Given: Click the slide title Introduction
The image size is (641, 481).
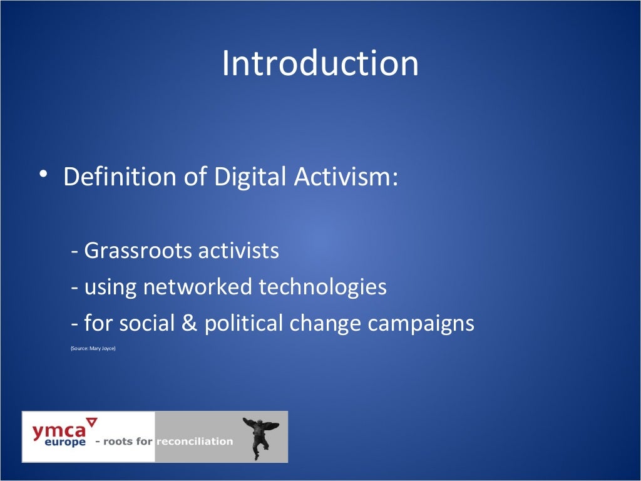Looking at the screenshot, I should (x=320, y=64).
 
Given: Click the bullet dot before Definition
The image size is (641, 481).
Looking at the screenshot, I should (x=41, y=173).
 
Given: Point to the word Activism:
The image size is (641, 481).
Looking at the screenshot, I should (x=346, y=177).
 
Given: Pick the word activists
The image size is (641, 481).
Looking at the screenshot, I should (x=238, y=251).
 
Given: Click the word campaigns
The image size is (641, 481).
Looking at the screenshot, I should (x=421, y=324).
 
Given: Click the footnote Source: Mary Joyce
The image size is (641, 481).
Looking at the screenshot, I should (x=93, y=348).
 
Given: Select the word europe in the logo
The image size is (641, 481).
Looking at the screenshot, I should (x=65, y=442).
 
